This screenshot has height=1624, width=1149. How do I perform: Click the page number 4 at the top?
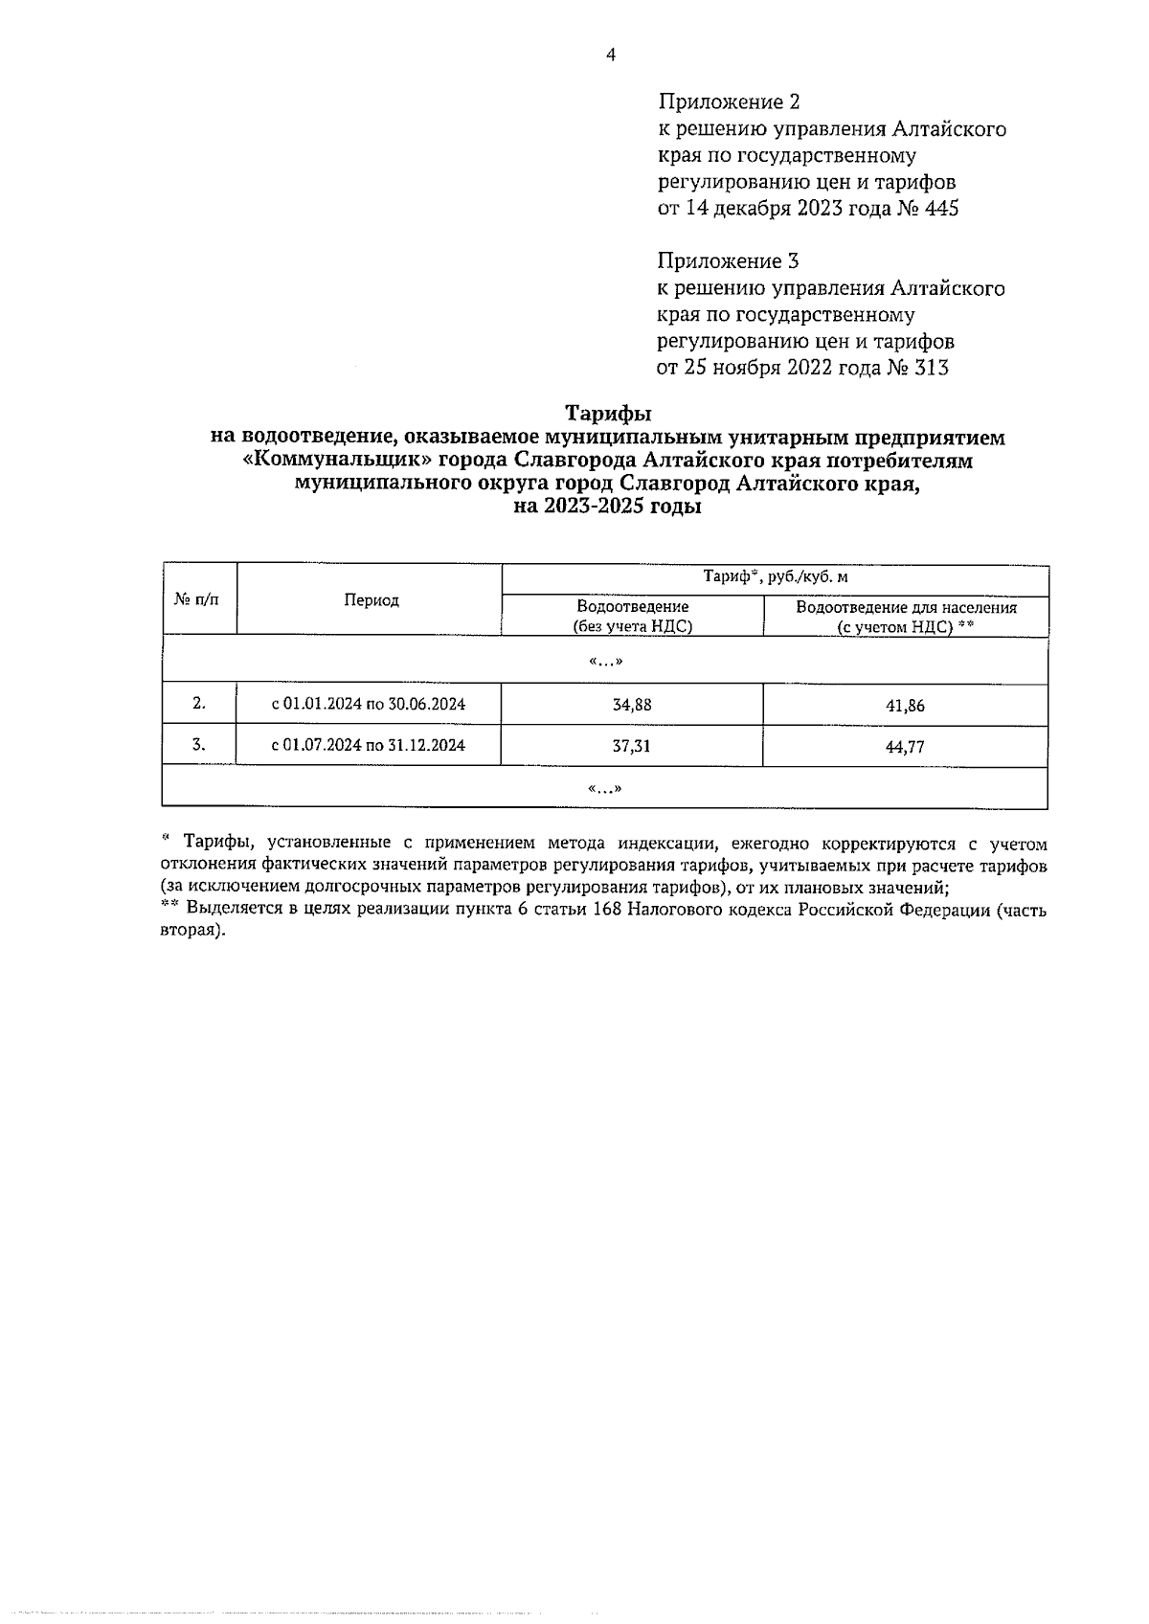coord(611,55)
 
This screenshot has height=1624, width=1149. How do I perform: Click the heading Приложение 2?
coord(728,101)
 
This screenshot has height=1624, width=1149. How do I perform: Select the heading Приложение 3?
coord(728,260)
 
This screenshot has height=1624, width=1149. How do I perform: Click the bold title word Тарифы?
coord(608,414)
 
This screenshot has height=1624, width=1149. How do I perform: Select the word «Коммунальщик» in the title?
coord(335,461)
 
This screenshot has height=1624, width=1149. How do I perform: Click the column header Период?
coord(372,600)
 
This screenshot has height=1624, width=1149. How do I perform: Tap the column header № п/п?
coord(196,599)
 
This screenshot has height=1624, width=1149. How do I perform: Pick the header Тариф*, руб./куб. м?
coord(776,576)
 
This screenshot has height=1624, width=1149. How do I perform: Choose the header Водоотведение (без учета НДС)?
coord(632,617)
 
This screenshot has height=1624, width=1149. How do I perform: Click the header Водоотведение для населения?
coord(906,608)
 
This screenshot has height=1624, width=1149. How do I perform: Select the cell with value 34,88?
coord(632,705)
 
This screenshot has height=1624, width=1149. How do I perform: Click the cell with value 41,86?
coord(905,707)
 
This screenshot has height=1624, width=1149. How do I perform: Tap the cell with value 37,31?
coord(632,746)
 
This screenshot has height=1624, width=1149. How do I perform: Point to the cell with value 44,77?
coord(905,747)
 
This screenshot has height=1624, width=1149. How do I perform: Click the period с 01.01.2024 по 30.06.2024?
coord(369,705)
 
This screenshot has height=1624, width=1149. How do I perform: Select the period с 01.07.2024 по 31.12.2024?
coord(369,745)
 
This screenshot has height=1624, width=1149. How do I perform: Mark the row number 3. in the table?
coord(198,744)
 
